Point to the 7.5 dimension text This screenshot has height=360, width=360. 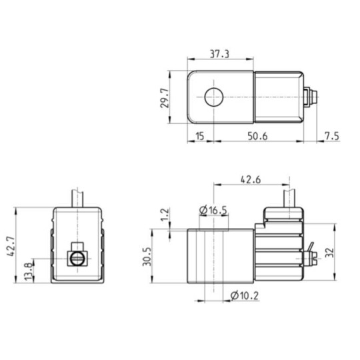click(331, 137)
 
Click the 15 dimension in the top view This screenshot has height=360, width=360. click(199, 137)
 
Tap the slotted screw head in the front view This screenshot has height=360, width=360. click(77, 258)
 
